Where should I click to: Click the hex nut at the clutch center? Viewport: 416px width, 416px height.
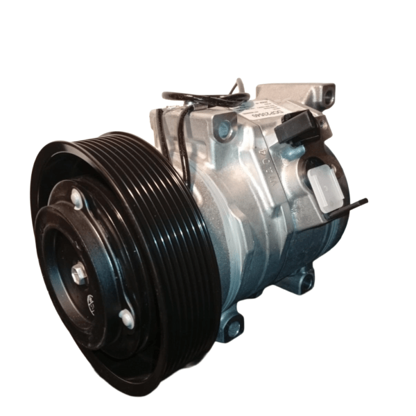[79, 272]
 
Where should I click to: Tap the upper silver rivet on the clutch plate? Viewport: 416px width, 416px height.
[76, 200]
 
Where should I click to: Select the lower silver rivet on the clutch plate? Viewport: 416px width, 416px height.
[127, 318]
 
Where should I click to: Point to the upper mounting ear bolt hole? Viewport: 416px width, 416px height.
[223, 128]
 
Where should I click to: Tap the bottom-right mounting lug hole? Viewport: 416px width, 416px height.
[304, 281]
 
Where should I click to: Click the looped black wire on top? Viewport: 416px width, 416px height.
[201, 98]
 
